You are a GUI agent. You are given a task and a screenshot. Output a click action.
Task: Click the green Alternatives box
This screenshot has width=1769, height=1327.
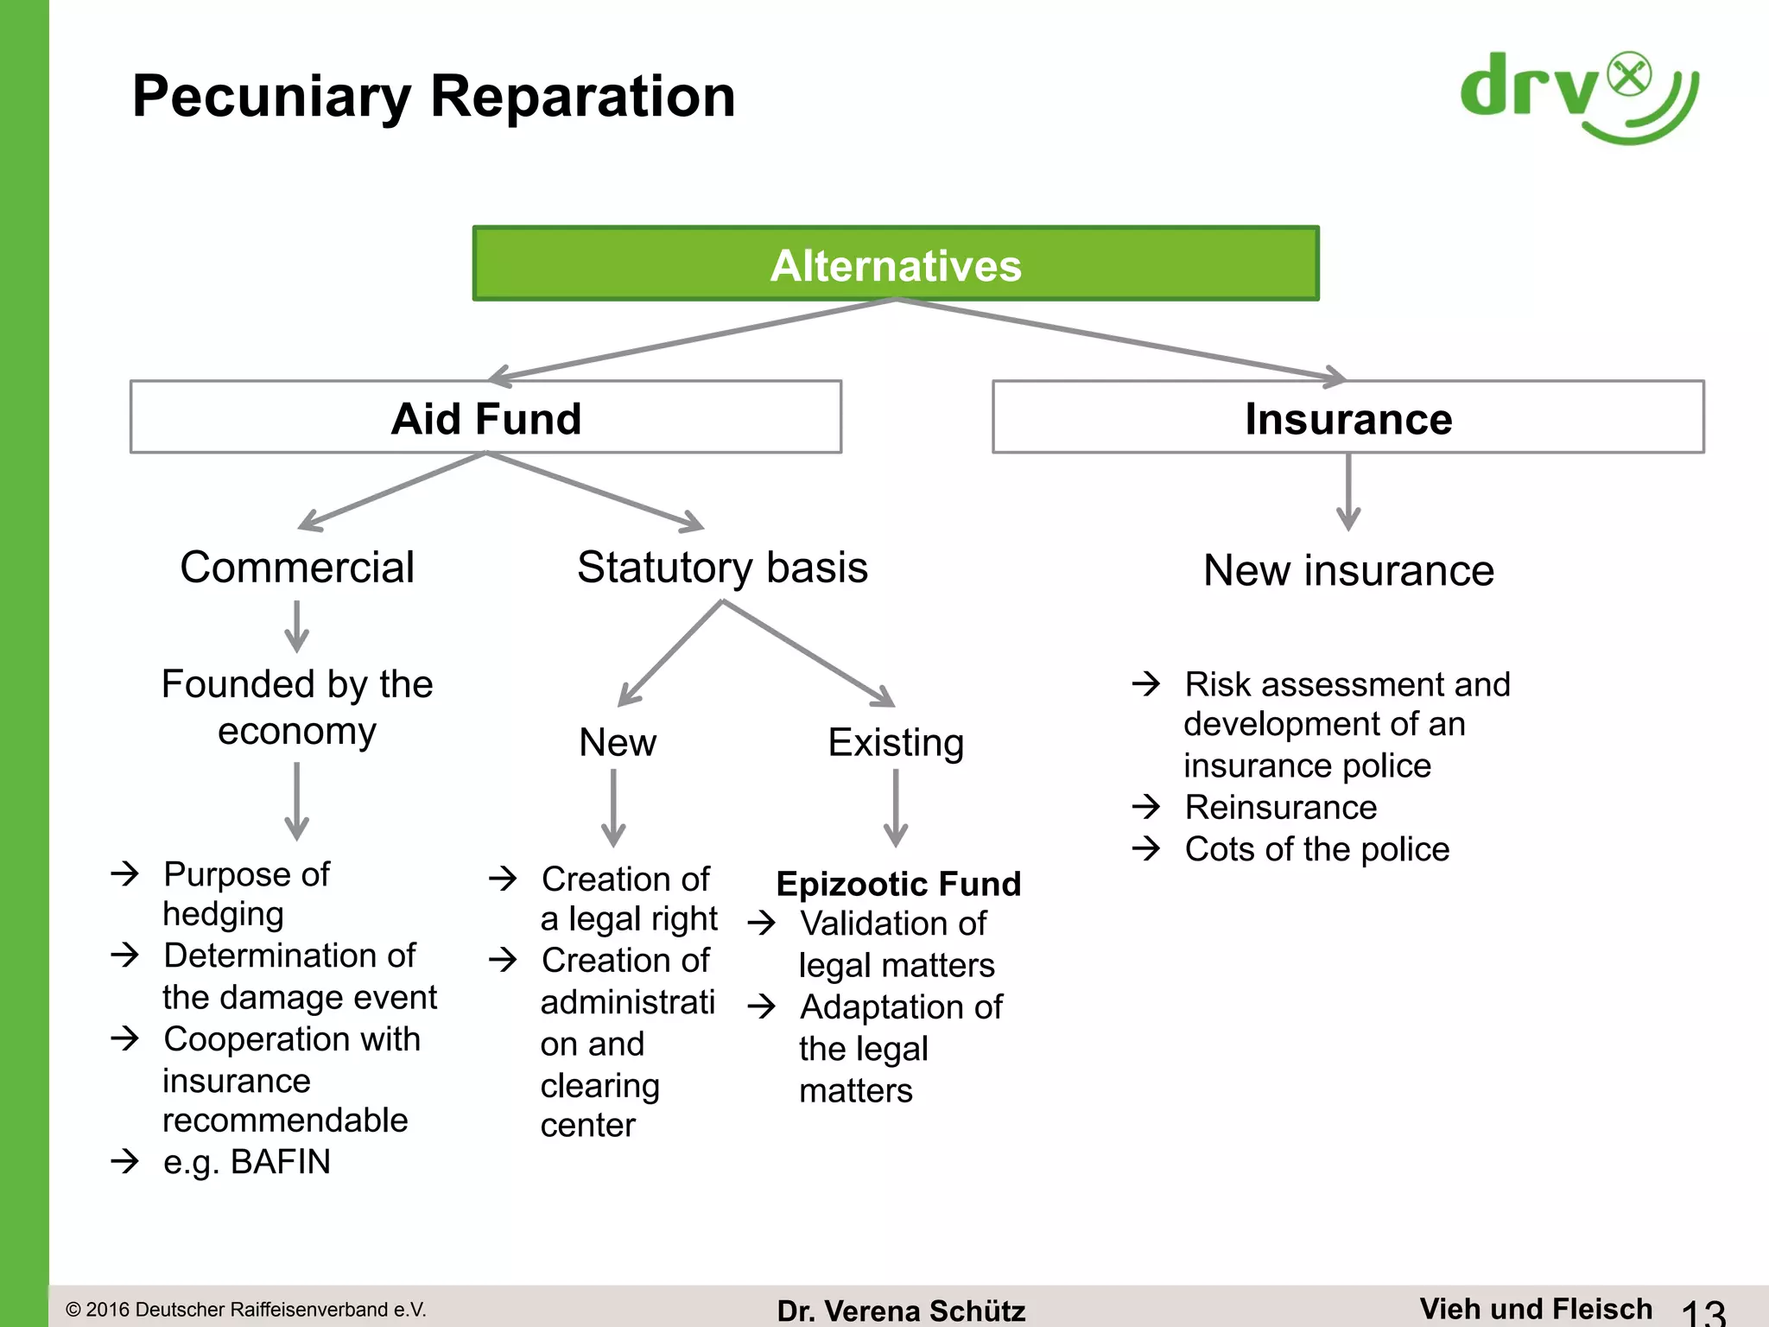[896, 264]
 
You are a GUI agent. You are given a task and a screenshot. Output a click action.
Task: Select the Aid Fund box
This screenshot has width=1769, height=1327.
[485, 418]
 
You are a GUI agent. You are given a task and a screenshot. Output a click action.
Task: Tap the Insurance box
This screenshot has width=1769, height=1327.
[1347, 418]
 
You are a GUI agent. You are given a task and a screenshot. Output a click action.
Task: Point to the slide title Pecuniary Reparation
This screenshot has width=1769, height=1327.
[434, 96]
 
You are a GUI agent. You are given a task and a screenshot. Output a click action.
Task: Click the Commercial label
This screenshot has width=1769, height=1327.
[297, 568]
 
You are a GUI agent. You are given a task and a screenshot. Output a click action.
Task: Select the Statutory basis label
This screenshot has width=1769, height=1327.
[722, 568]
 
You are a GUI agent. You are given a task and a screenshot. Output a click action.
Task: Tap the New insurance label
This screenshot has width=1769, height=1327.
[1348, 570]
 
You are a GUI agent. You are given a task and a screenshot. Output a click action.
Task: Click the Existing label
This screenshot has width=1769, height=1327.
[896, 742]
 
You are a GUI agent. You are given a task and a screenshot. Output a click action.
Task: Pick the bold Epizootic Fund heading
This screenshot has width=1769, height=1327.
[898, 884]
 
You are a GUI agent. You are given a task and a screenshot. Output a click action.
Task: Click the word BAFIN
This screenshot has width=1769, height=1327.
[281, 1162]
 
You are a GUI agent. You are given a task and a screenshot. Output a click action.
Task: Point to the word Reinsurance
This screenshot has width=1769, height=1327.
[1280, 807]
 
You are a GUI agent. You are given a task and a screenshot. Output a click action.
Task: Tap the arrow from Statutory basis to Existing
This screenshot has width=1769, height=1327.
[808, 652]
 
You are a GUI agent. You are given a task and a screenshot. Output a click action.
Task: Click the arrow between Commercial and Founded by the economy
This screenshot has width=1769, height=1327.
[296, 626]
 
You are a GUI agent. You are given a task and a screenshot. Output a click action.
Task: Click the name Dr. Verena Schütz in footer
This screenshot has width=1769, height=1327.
[901, 1311]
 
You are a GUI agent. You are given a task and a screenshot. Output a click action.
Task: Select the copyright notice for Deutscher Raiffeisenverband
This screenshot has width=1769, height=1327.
[246, 1310]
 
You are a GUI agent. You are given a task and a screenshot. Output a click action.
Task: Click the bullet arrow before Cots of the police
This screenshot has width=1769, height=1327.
[1146, 848]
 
